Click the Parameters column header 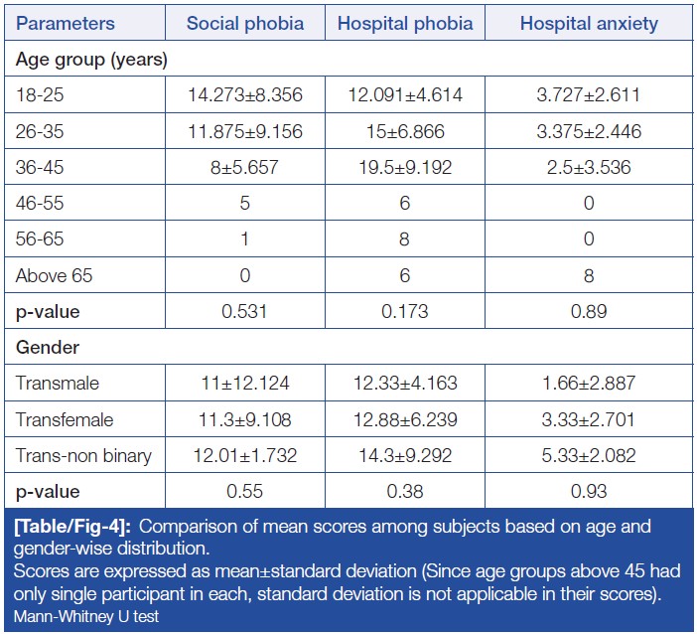[66, 23]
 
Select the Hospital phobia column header [405, 23]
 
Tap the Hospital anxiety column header [589, 23]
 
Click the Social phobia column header [244, 23]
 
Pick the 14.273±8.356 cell [244, 95]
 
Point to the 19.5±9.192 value [405, 167]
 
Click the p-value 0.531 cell [244, 311]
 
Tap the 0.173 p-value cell [405, 311]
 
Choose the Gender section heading [46, 348]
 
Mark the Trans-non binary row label [83, 455]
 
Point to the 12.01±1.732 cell [244, 455]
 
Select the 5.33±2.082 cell [589, 455]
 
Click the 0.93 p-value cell [589, 491]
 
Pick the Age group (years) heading [91, 60]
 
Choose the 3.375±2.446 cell [589, 131]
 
